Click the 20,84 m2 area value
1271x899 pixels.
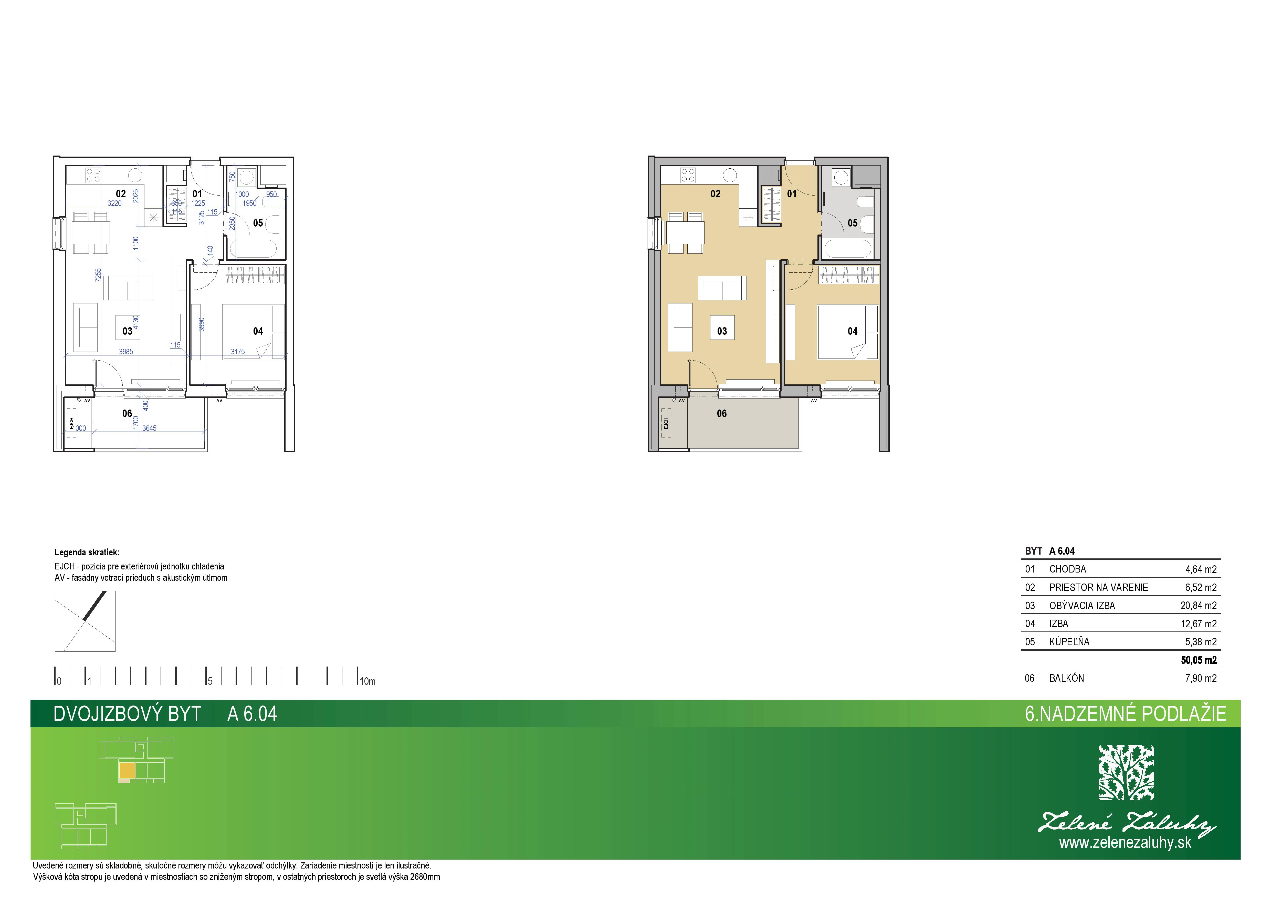coord(1199,605)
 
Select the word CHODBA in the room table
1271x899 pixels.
coord(1067,569)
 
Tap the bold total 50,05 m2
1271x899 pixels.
coord(1199,660)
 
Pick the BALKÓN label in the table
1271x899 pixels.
coord(1066,678)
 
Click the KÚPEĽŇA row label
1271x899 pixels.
coord(1069,641)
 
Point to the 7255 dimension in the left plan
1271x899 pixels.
coord(99,275)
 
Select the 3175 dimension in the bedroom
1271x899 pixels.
coord(238,351)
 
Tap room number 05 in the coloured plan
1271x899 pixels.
coord(853,223)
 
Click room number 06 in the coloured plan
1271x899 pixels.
coord(722,413)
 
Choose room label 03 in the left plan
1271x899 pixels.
coord(127,331)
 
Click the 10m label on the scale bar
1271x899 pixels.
coord(367,681)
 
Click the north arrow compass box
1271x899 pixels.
coord(85,621)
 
